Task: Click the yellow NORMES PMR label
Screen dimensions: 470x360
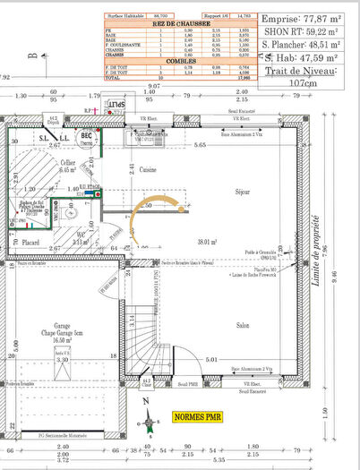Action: (x=196, y=417)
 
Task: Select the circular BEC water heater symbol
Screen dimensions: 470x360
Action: (x=88, y=139)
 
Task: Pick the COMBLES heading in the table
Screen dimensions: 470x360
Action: (x=157, y=60)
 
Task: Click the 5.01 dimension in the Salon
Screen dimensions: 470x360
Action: (x=211, y=359)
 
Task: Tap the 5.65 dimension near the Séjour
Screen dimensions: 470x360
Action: (x=201, y=145)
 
